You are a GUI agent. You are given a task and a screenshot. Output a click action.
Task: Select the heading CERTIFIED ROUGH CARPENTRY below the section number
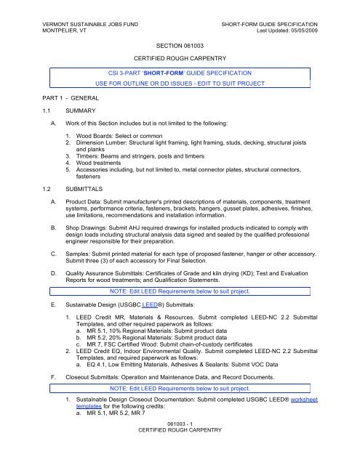pyautogui.click(x=180, y=57)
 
